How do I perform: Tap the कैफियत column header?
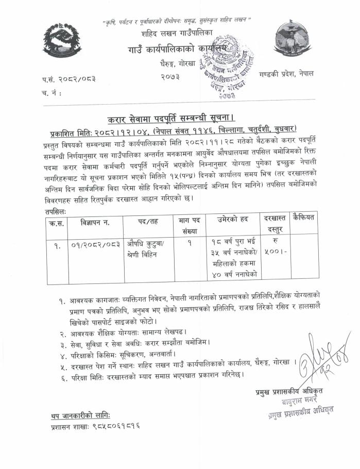(x=303, y=216)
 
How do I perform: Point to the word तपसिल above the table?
(x=55, y=211)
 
